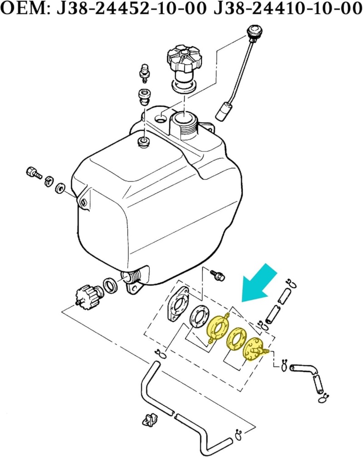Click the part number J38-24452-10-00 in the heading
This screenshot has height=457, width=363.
click(x=132, y=9)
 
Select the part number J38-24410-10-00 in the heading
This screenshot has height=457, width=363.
click(x=288, y=9)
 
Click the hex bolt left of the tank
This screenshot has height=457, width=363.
click(x=34, y=173)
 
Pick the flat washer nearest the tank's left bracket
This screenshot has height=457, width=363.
click(x=60, y=188)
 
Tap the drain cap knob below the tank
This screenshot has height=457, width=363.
click(x=88, y=296)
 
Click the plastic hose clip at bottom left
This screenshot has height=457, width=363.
click(x=149, y=421)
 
